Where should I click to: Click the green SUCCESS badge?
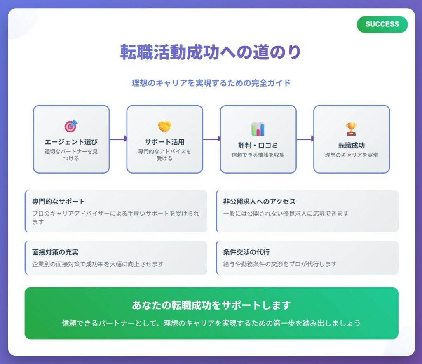tap(382, 24)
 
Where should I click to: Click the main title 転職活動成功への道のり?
tap(211, 52)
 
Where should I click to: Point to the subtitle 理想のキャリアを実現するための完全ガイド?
tap(211, 83)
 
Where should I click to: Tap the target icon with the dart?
tap(71, 126)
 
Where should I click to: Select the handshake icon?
tap(164, 127)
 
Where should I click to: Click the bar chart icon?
tap(258, 129)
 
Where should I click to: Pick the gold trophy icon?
tap(351, 129)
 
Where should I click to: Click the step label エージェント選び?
tap(71, 142)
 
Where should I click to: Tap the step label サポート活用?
tap(164, 142)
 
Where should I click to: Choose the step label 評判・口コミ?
tap(258, 146)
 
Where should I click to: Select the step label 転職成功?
tap(352, 146)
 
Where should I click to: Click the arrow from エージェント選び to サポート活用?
tap(118, 139)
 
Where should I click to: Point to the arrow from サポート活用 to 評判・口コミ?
tap(211, 139)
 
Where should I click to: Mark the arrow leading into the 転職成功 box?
tap(305, 139)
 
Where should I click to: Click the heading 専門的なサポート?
tap(59, 202)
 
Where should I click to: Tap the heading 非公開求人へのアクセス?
tap(259, 202)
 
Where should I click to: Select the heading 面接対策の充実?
tap(55, 252)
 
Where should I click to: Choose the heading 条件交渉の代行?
tap(246, 252)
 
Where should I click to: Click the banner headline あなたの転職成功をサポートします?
tap(211, 305)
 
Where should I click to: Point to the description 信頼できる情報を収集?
tap(258, 155)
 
